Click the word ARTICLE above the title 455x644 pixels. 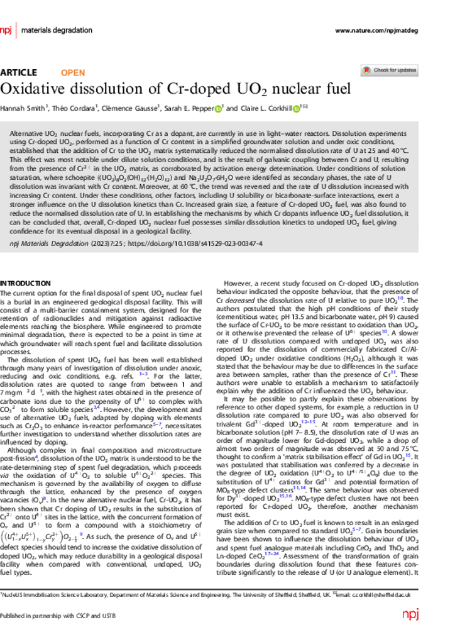(19, 72)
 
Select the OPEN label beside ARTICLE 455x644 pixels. (73, 72)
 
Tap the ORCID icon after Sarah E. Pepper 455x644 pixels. (218, 109)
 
